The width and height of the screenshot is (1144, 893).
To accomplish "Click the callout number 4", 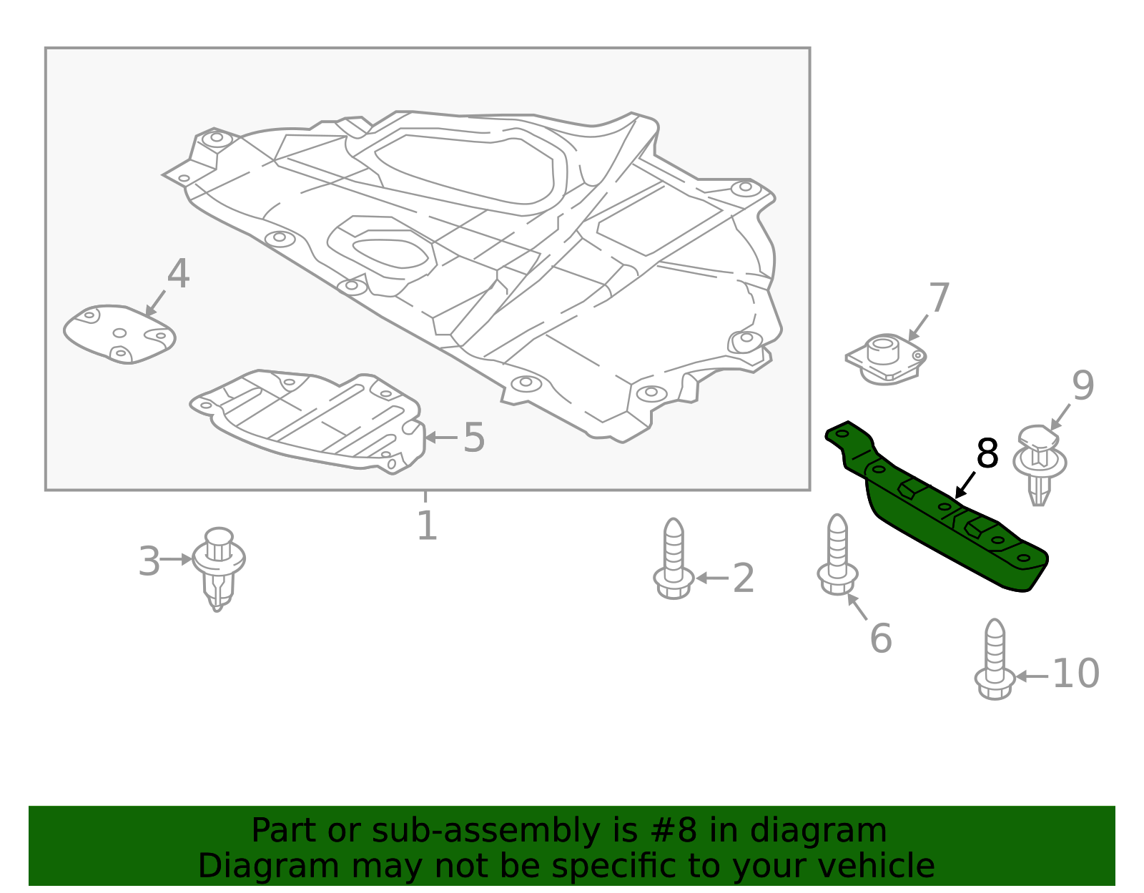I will tap(178, 275).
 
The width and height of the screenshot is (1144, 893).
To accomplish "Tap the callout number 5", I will tap(474, 438).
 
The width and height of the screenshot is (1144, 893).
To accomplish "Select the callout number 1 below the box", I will tap(427, 526).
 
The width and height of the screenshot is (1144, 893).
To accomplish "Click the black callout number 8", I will tap(987, 455).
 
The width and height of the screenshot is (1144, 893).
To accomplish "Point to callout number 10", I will tap(1076, 674).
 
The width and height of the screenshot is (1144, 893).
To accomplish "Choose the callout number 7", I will tap(939, 298).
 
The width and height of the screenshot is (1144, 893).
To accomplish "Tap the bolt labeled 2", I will tap(674, 562).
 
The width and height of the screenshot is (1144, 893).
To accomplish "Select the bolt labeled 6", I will tap(837, 556).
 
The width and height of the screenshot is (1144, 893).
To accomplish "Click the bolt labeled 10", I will tap(995, 661).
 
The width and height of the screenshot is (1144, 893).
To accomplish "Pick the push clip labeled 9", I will tap(1040, 463).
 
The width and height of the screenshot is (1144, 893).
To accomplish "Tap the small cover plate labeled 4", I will tap(119, 334).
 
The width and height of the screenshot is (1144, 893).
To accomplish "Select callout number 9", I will tap(1083, 387).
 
